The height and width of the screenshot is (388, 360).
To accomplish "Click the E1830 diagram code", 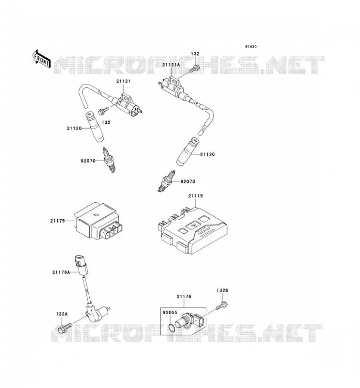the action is (251, 47).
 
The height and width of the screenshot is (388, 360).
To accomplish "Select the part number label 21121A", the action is (171, 65).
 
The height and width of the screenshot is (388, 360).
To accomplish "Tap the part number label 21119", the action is (196, 196).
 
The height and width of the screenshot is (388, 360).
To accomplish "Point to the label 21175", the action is (57, 221).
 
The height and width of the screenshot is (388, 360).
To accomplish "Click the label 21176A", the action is (61, 272).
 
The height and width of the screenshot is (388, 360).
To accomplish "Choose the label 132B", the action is (222, 291).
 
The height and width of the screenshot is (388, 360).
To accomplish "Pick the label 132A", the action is (62, 314).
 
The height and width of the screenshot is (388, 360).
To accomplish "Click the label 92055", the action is (170, 312).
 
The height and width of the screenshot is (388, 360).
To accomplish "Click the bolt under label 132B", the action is (222, 306).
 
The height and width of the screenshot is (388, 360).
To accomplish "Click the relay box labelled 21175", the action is (98, 221).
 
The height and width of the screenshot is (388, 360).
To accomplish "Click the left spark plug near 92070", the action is (109, 160).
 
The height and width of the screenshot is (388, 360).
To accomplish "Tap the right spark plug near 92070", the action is (166, 180).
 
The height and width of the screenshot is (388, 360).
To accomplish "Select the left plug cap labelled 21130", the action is (95, 127).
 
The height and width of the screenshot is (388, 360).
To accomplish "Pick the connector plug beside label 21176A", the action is (81, 264).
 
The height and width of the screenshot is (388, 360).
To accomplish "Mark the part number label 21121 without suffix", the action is (123, 81).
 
